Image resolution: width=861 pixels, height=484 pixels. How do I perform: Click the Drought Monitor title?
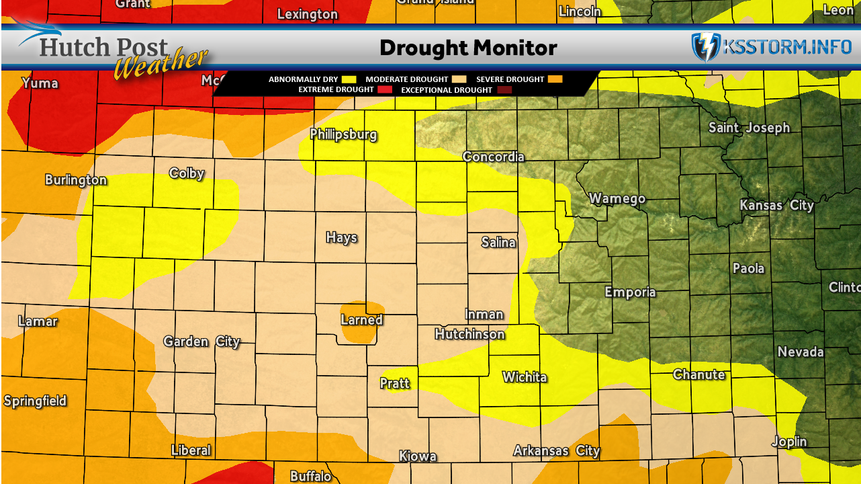point(468,48)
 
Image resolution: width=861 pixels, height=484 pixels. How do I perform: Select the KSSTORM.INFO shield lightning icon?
point(705,47)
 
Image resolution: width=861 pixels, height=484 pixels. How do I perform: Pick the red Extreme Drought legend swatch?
point(385,89)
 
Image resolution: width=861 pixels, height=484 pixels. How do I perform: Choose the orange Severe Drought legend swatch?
point(555,79)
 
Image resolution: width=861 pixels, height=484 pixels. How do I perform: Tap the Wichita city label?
point(525,377)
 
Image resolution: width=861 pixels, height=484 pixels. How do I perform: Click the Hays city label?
point(341,237)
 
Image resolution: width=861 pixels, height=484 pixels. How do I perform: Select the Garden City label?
point(201,341)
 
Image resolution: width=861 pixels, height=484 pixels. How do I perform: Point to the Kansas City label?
point(776,205)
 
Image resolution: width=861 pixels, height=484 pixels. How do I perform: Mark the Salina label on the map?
point(498,242)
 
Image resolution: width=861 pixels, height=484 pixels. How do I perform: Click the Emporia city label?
point(630,292)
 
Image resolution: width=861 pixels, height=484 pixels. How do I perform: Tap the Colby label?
point(187,173)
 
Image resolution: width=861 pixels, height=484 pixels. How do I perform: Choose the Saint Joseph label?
point(750,128)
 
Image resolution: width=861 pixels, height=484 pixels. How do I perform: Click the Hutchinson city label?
point(469,334)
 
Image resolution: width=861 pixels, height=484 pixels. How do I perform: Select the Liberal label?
point(191,450)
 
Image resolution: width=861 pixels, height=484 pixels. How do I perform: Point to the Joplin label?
point(788,442)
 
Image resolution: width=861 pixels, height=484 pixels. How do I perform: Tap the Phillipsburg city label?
point(343,134)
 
